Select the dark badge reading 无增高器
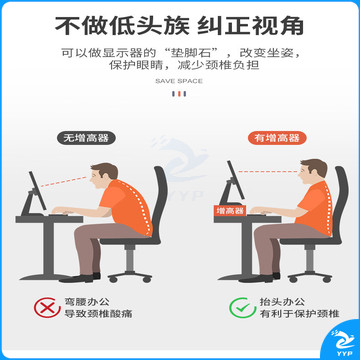point(86,138)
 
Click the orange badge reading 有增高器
point(277,138)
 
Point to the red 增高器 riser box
point(230,210)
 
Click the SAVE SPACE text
point(179,81)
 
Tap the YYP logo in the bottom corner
point(342,341)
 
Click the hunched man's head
point(103,176)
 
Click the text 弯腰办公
point(87,302)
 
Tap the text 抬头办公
point(282,302)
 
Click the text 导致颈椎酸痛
point(98,314)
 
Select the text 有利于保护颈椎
point(300,314)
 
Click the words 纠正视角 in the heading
point(250,25)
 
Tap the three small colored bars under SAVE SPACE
point(179,94)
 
